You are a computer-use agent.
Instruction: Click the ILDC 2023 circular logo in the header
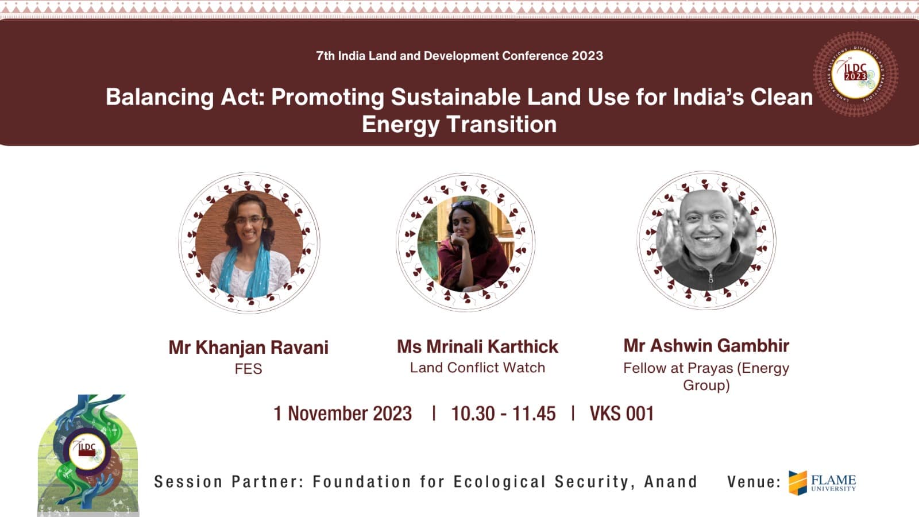pyautogui.click(x=856, y=74)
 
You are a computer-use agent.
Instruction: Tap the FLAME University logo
pyautogui.click(x=822, y=483)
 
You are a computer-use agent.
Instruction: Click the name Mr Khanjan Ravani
pyautogui.click(x=249, y=348)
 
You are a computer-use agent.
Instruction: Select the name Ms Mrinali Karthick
pyautogui.click(x=477, y=347)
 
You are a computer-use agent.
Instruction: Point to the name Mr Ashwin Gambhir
pyautogui.click(x=706, y=345)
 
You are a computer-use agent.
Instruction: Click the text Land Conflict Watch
pyautogui.click(x=477, y=368)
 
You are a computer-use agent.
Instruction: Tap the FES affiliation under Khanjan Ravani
pyautogui.click(x=248, y=369)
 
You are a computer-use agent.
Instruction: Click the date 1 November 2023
pyautogui.click(x=342, y=414)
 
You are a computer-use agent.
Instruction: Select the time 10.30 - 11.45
pyautogui.click(x=503, y=414)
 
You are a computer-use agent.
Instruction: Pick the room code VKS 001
pyautogui.click(x=621, y=414)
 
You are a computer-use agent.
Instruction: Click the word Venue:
pyautogui.click(x=754, y=482)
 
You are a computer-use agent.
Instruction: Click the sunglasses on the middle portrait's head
pyautogui.click(x=462, y=204)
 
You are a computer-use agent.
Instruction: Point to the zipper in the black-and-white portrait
pyautogui.click(x=711, y=278)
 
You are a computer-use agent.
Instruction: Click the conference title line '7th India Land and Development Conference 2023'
pyautogui.click(x=459, y=56)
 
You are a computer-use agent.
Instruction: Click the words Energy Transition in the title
pyautogui.click(x=459, y=124)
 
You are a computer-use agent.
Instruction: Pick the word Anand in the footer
pyautogui.click(x=671, y=482)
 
